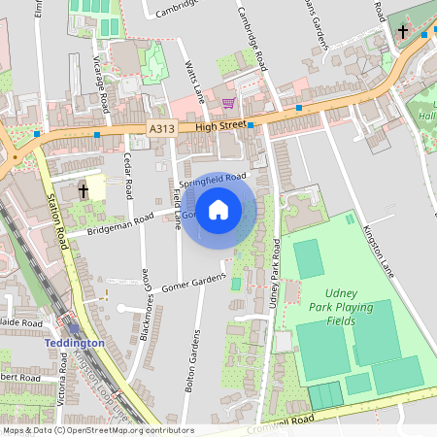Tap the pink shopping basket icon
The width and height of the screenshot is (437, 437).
[x=228, y=103]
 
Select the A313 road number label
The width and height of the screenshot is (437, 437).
[x=162, y=128]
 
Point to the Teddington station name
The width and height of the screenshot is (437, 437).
[x=74, y=344]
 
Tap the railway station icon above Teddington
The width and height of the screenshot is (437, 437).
[x=74, y=328]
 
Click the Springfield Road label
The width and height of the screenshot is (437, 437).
[x=213, y=180]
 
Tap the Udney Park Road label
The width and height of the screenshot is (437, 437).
[x=275, y=286]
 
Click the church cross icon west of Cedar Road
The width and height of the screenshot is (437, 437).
[x=84, y=190]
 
